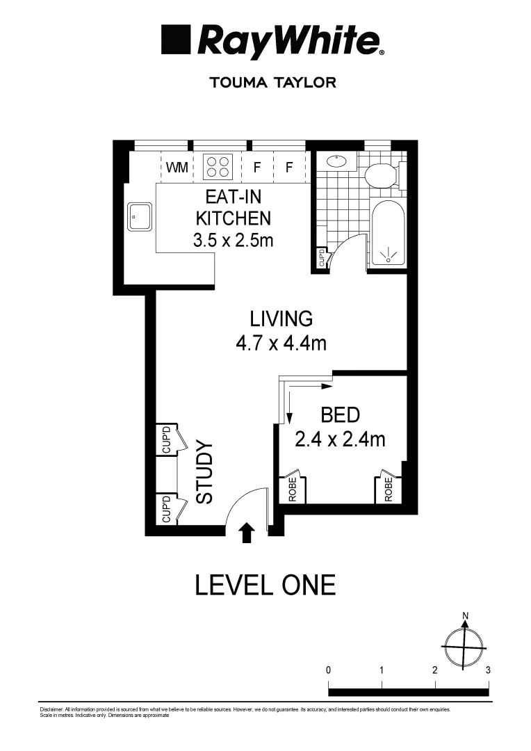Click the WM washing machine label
pyautogui.click(x=177, y=168)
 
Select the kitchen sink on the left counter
pyautogui.click(x=140, y=217)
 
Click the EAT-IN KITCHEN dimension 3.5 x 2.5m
pyautogui.click(x=232, y=241)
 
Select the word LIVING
pyautogui.click(x=281, y=319)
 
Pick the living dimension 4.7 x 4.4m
pyautogui.click(x=281, y=343)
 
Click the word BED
pyautogui.click(x=340, y=416)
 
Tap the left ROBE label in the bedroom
pyautogui.click(x=293, y=489)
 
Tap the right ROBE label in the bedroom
pyautogui.click(x=388, y=489)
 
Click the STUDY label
pyautogui.click(x=204, y=472)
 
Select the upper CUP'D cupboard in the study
pyautogui.click(x=167, y=439)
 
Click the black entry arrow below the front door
pyautogui.click(x=246, y=533)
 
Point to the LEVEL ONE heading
pyautogui.click(x=265, y=585)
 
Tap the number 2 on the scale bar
pyautogui.click(x=434, y=671)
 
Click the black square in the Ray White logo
pyautogui.click(x=177, y=40)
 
